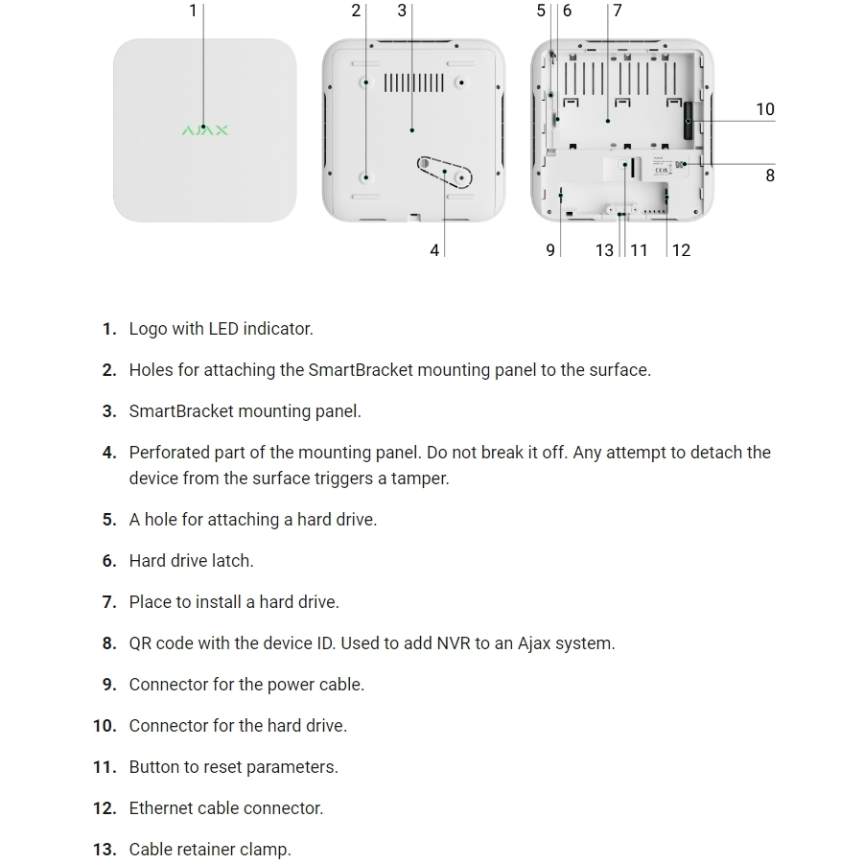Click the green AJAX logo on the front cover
point(204,130)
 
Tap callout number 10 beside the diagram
point(765,109)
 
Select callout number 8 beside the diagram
point(770,175)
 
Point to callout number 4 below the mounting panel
point(434,250)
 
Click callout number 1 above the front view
point(193,11)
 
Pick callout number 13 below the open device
point(604,250)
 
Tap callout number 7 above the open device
point(618,11)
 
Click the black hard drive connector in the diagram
point(689,120)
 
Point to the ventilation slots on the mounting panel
point(413,83)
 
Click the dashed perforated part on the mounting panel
point(444,172)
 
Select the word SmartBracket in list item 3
point(180,411)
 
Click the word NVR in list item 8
point(453,643)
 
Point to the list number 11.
point(105,767)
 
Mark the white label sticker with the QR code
point(670,166)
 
